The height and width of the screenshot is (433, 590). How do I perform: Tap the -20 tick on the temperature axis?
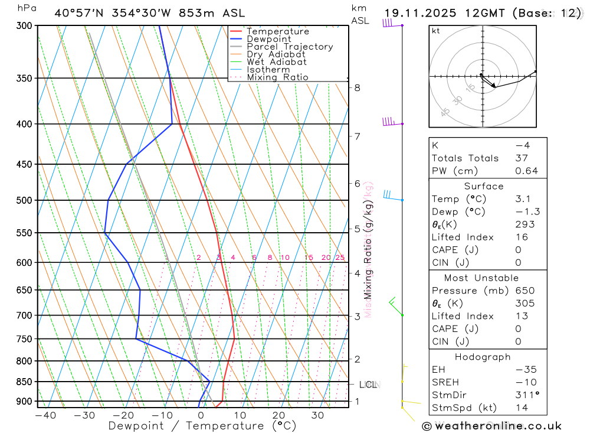(123, 415)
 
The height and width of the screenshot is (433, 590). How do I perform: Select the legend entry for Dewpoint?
(268, 39)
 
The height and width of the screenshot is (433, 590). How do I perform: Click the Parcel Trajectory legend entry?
(289, 47)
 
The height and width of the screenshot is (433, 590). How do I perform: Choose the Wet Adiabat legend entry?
(276, 61)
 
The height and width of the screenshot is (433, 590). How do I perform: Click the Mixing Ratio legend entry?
(277, 77)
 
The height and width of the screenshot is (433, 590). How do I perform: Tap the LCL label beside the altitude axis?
(368, 385)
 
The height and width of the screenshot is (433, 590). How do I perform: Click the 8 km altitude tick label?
(357, 88)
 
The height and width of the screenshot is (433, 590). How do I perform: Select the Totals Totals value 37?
(522, 158)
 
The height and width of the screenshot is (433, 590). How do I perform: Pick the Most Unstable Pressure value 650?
(525, 291)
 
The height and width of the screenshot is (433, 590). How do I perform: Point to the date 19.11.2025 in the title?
(422, 13)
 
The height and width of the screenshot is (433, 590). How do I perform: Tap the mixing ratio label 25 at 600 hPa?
(340, 258)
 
